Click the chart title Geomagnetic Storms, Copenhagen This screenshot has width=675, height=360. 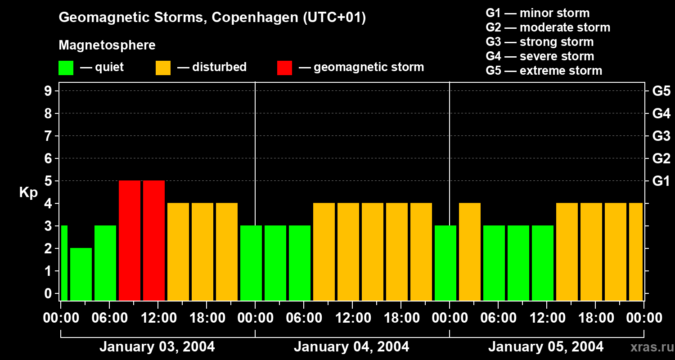click(x=212, y=18)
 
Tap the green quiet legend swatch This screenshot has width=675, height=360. click(x=66, y=67)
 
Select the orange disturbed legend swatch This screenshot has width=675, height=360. click(x=163, y=67)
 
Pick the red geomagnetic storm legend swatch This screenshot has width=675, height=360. click(x=284, y=67)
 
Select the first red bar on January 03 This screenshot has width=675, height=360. click(x=130, y=240)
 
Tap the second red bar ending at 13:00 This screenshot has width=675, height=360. click(x=154, y=240)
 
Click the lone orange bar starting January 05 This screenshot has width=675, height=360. click(x=470, y=252)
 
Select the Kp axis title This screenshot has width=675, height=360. click(x=28, y=193)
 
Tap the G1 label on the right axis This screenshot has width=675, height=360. click(x=661, y=181)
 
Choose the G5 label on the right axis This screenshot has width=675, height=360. click(x=661, y=91)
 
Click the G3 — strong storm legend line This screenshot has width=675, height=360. click(x=540, y=42)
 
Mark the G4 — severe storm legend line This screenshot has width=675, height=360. click(x=540, y=56)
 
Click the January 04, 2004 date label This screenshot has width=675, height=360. click(x=351, y=347)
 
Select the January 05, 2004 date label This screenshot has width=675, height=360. click(x=546, y=347)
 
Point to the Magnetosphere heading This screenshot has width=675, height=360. click(x=107, y=45)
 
